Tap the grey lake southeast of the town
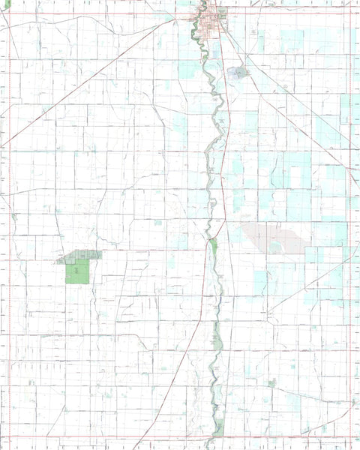pyautogui.click(x=238, y=73)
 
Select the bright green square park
pyautogui.click(x=77, y=271)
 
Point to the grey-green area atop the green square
pyautogui.click(x=81, y=256)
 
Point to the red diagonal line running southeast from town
pyautogui.click(x=292, y=105)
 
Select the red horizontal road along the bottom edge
pyautogui.click(x=112, y=436)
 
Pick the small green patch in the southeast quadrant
pyautogui.click(x=272, y=382)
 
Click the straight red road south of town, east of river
pyautogui.click(x=228, y=150)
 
